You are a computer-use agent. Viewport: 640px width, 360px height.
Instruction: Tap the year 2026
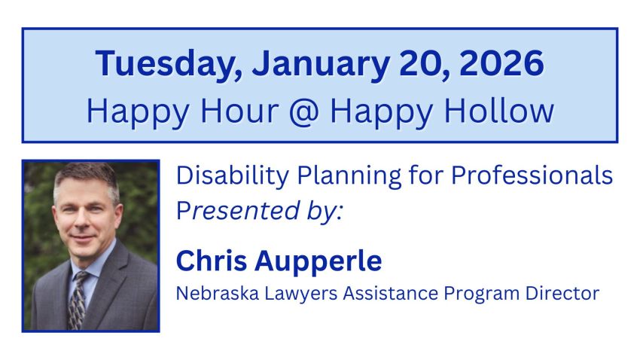(x=501, y=63)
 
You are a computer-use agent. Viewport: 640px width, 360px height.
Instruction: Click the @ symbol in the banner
(x=303, y=111)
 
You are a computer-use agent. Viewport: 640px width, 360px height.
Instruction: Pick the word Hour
(x=239, y=110)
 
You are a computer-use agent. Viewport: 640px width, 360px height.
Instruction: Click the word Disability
(x=233, y=176)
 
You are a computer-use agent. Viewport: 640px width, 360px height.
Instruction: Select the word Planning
(x=349, y=176)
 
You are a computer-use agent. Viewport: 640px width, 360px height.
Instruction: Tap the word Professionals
(x=532, y=175)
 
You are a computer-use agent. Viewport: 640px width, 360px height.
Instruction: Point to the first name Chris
(x=212, y=261)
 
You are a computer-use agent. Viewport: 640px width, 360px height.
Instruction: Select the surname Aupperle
(x=318, y=261)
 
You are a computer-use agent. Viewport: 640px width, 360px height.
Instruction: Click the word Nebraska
(x=218, y=293)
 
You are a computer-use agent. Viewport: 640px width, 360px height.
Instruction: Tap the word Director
(x=562, y=293)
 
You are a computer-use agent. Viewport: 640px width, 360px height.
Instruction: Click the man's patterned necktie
(x=79, y=299)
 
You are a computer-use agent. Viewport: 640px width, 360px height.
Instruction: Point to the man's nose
(x=85, y=222)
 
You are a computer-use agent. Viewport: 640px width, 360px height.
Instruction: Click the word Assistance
(x=391, y=293)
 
